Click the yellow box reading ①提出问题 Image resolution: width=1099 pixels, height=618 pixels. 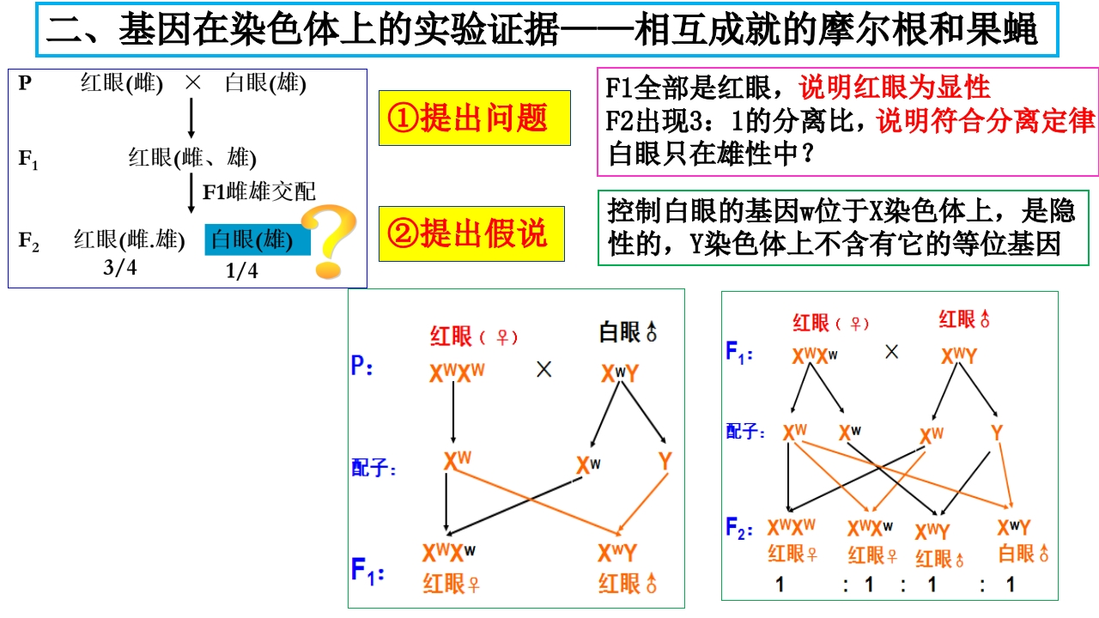[x=475, y=118]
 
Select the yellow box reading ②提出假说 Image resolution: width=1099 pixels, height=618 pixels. [x=471, y=233]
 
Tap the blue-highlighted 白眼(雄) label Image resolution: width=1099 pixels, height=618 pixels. [x=257, y=239]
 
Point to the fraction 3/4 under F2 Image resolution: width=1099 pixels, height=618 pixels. [x=119, y=268]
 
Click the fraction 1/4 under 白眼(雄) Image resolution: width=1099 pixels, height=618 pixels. [x=241, y=270]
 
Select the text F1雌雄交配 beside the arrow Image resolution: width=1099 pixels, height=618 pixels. [x=259, y=191]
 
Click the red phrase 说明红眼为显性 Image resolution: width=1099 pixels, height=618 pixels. [x=894, y=88]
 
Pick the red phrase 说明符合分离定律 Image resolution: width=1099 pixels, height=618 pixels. [x=986, y=121]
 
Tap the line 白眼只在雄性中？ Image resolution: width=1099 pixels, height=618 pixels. [x=712, y=154]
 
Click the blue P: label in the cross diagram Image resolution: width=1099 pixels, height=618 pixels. [x=362, y=366]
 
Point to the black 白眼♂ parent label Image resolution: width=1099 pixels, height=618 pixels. [x=628, y=332]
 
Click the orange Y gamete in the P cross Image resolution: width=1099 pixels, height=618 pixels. [x=665, y=462]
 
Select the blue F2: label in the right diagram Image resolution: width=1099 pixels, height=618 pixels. [x=739, y=528]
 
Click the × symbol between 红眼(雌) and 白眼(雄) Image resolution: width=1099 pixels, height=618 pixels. [x=193, y=83]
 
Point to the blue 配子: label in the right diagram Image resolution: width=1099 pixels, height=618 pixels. [x=745, y=432]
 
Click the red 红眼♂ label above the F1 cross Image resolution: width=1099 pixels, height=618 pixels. [x=964, y=320]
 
